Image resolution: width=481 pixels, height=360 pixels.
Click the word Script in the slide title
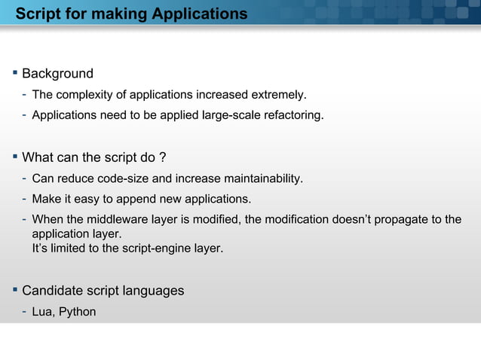click(37, 14)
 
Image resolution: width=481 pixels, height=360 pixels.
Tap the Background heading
click(57, 74)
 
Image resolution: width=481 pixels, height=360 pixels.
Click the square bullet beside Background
click(14, 73)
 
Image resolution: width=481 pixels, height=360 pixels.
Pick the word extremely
click(280, 96)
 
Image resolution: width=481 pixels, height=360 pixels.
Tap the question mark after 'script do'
click(162, 158)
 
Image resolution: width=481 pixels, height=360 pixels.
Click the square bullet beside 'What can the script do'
click(14, 157)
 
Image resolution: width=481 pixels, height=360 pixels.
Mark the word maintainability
click(263, 179)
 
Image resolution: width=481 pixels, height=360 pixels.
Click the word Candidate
click(51, 291)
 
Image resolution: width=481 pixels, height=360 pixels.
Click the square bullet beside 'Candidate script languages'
click(14, 290)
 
